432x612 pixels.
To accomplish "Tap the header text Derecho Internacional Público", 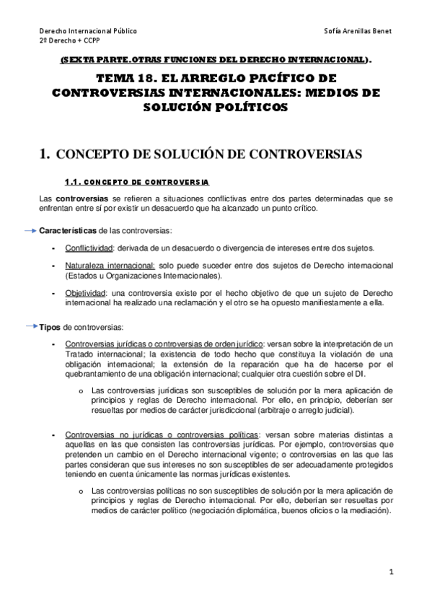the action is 87,32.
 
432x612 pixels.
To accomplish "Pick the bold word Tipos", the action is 50,327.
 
